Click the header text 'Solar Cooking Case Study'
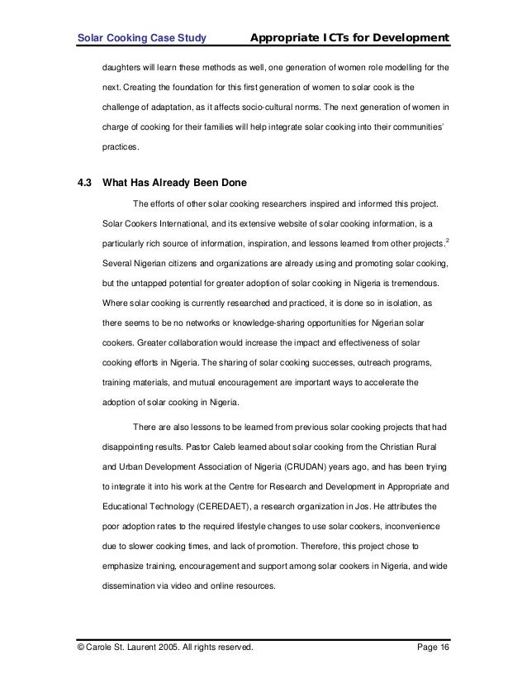click(x=140, y=37)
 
